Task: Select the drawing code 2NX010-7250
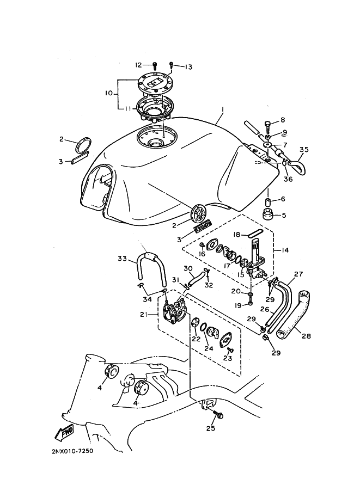[72, 450]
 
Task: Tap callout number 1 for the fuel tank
[223, 109]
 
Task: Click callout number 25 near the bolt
[211, 428]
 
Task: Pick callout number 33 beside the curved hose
[123, 259]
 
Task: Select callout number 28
[307, 336]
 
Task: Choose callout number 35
[304, 149]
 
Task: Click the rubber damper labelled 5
[269, 213]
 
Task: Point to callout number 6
[283, 199]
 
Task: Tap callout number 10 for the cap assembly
[109, 93]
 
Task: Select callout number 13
[188, 67]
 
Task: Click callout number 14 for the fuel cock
[285, 250]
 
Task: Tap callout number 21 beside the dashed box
[144, 315]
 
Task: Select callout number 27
[298, 274]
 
